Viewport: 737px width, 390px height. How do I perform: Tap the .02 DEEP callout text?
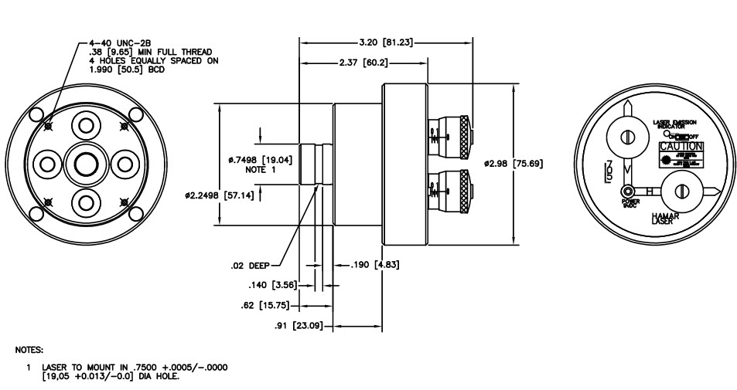249,265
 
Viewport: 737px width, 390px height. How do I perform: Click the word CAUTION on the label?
680,147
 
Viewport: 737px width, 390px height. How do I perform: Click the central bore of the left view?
82,164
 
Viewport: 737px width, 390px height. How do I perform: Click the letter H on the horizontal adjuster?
648,191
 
